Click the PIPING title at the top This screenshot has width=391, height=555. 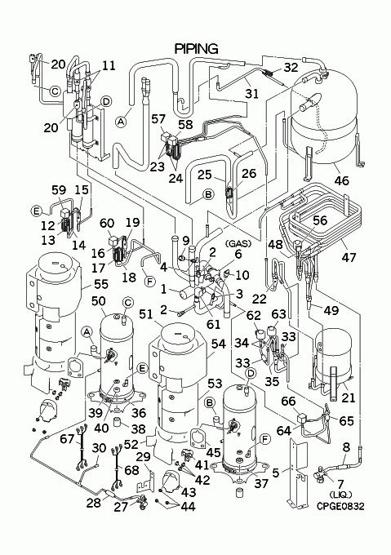point(197,48)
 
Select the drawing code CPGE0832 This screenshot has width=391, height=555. point(340,506)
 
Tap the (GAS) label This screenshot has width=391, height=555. point(238,243)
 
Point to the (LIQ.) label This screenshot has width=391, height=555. point(340,495)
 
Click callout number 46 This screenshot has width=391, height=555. point(342,180)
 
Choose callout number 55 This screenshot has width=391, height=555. point(101,284)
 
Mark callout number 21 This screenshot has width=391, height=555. point(349,397)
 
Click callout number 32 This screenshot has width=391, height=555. point(291,67)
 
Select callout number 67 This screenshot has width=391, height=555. point(67,439)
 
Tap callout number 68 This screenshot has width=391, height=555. point(132,470)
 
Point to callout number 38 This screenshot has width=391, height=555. point(138,428)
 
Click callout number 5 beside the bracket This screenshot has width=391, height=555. point(276,473)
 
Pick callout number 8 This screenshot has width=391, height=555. point(346,446)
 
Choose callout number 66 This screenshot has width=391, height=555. point(288,402)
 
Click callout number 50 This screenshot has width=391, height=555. point(99,301)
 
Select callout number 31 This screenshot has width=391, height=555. point(252,94)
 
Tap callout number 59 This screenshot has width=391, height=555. point(59,190)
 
